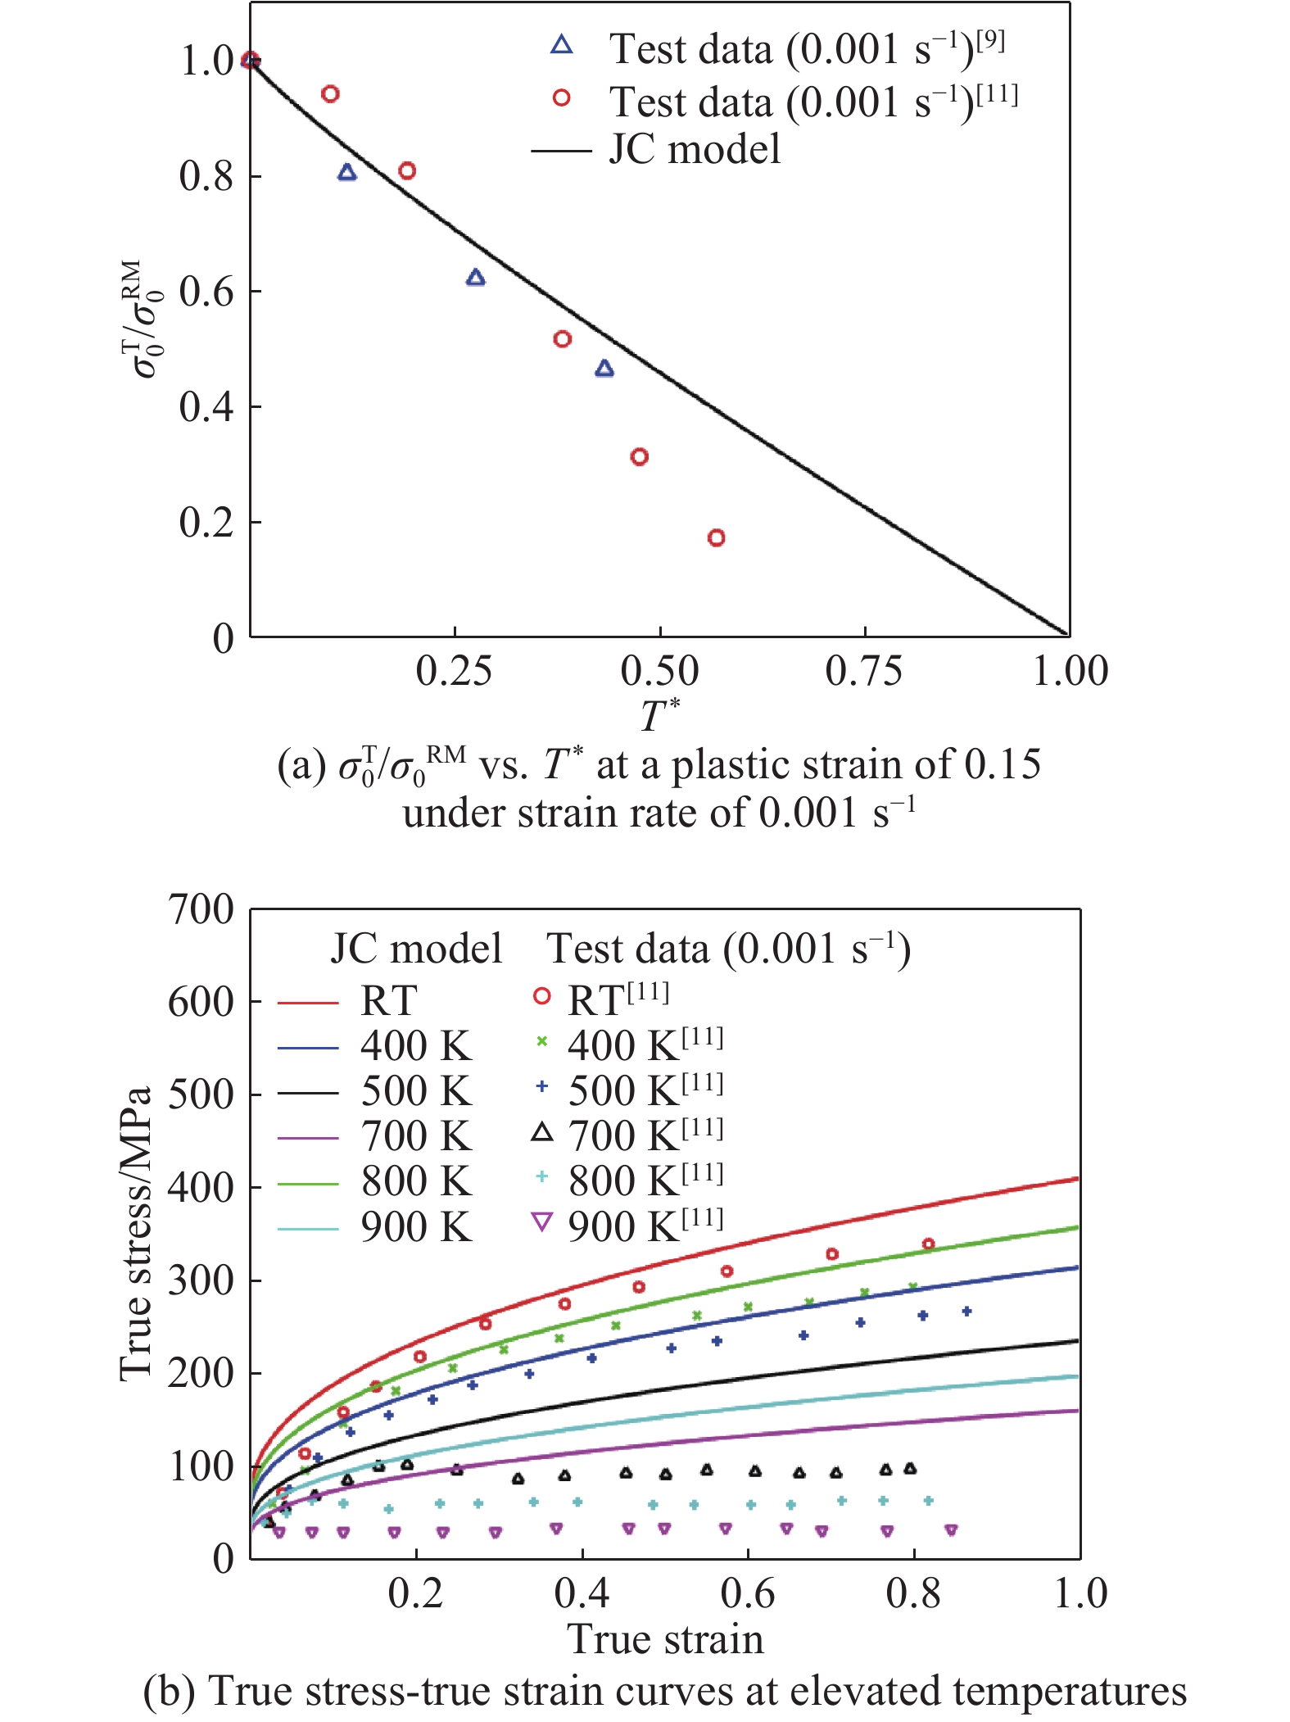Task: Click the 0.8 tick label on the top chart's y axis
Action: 206,176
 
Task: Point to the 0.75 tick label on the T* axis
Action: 864,671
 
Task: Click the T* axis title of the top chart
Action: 659,715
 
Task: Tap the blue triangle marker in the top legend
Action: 562,45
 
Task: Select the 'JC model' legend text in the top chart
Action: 695,150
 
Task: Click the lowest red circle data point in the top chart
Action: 716,538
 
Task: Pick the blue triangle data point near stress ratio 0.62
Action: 475,278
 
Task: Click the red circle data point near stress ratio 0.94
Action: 330,94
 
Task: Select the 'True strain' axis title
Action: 665,1639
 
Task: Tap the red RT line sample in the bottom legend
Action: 308,1001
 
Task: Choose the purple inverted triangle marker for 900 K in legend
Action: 542,1223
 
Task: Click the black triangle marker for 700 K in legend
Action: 542,1133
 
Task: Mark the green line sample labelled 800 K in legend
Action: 308,1183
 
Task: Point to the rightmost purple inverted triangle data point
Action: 951,1530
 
